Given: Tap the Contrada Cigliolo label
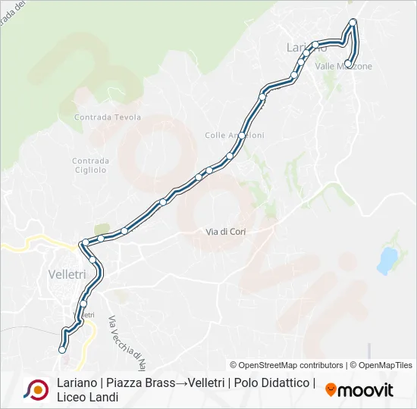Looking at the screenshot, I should pos(90,165).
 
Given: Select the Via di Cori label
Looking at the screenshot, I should pos(226,231).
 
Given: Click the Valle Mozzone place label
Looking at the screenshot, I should pos(344,67).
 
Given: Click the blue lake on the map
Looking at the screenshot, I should pos(387,260).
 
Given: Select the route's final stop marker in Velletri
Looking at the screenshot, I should pos(62,350).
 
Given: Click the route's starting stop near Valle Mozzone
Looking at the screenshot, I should pos(348,64).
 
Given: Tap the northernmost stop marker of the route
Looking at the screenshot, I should pos(353,22).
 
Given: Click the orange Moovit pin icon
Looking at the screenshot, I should pos(331,390).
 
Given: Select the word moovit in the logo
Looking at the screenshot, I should pos(365,390).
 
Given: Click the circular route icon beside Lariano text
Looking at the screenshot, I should pos(36,389).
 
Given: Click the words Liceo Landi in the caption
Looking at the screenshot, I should pos(87,397).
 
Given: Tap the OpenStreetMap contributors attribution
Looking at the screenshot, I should pos(287,365).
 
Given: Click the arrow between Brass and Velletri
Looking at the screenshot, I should pos(183,382).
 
